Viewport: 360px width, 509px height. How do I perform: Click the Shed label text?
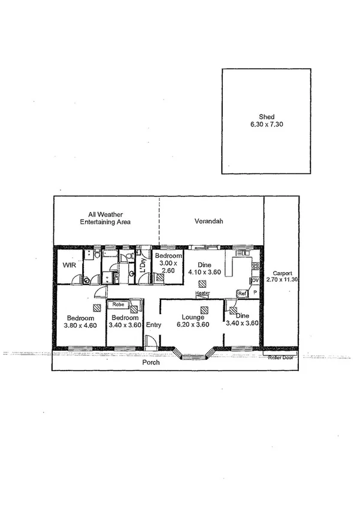tap(267, 118)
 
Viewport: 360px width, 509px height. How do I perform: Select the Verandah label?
tap(208, 221)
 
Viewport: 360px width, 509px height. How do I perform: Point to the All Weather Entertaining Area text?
tap(105, 218)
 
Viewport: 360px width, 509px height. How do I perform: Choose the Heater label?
tap(202, 293)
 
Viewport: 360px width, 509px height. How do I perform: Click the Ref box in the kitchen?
tap(242, 293)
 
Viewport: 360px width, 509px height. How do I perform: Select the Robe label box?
tap(117, 304)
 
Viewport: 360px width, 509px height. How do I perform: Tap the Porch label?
tap(150, 363)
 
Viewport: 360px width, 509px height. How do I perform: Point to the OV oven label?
tap(254, 281)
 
